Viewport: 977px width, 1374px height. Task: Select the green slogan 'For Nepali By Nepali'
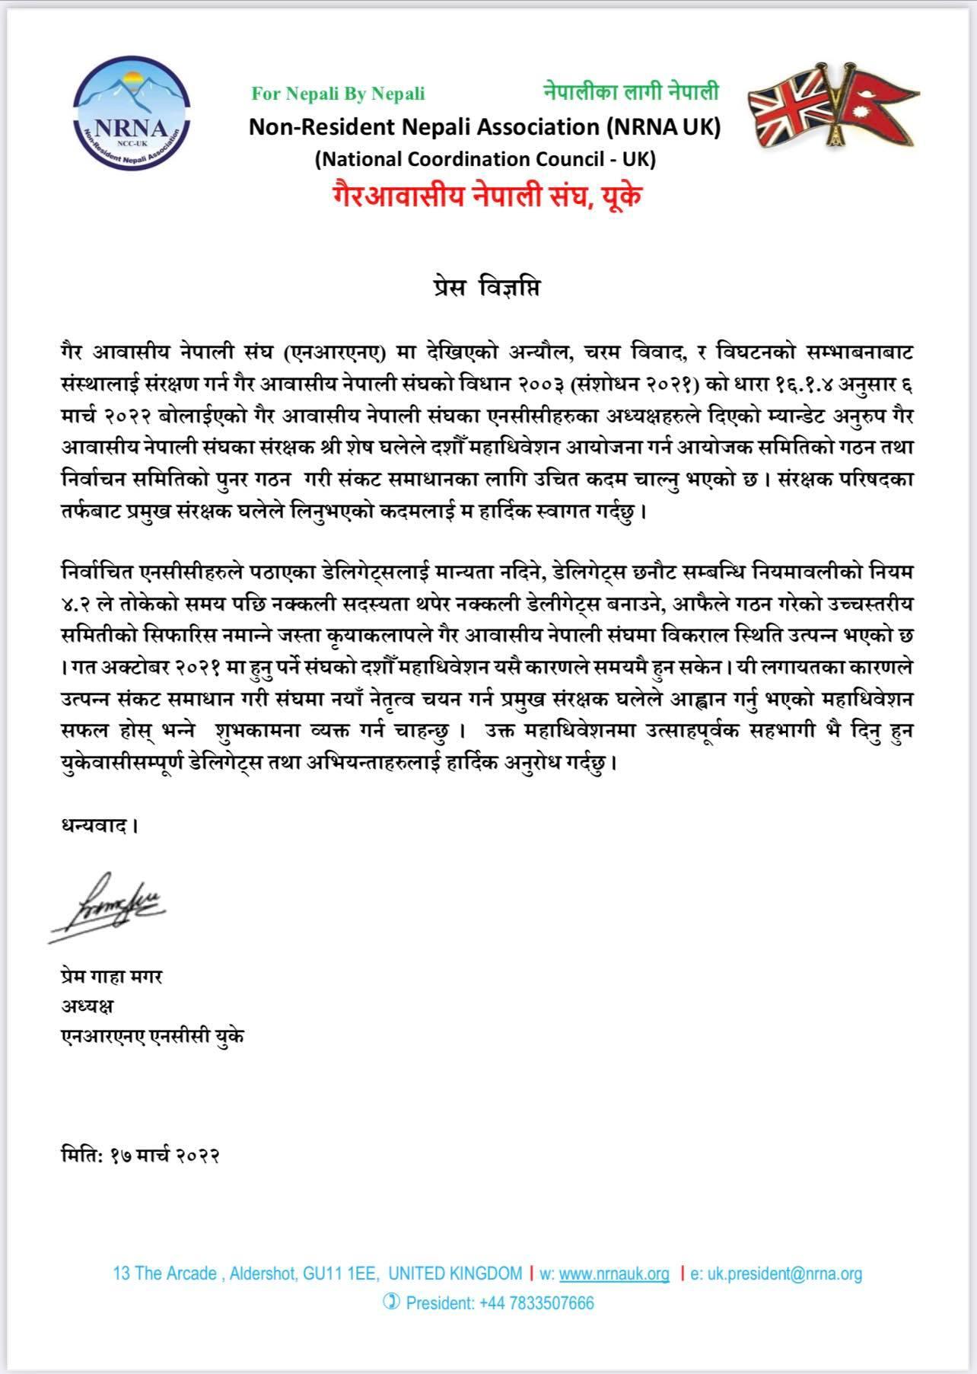click(x=339, y=94)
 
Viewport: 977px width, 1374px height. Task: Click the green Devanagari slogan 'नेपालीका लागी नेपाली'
click(x=631, y=92)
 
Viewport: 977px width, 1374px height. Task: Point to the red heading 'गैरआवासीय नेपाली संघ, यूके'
click(x=486, y=196)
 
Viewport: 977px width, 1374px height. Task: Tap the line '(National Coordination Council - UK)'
click(x=485, y=159)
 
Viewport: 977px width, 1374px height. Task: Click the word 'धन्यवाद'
click(x=99, y=825)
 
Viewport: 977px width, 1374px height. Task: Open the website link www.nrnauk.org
click(x=614, y=1273)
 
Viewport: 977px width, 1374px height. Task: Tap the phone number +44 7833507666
click(x=536, y=1302)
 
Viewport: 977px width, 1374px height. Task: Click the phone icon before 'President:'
click(x=391, y=1302)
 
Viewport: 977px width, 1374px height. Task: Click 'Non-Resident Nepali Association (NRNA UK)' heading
click(x=485, y=126)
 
